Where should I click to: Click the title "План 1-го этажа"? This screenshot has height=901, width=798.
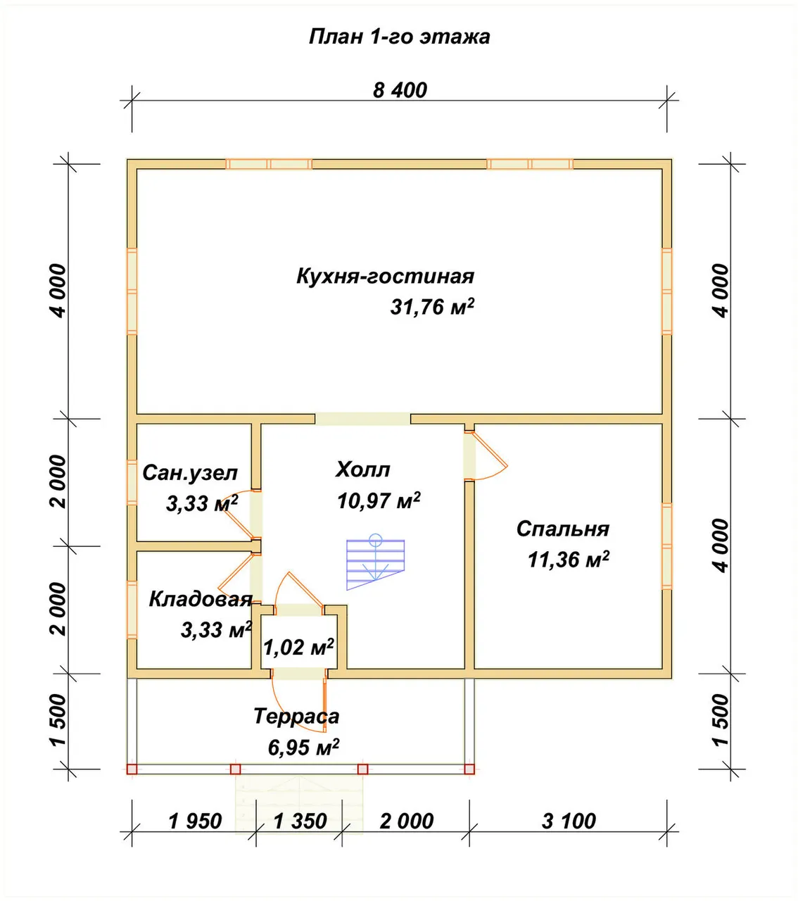399,37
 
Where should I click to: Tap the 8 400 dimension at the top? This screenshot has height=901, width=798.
400,90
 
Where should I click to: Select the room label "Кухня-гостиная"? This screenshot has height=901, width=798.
385,276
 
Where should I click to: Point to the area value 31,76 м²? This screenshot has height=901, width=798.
432,306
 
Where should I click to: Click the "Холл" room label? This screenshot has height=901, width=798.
363,470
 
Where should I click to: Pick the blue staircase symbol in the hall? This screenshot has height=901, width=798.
375,562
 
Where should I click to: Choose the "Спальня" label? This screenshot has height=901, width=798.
562,529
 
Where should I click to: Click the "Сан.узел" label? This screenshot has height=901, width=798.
190,473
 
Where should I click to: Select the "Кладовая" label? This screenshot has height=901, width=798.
201,599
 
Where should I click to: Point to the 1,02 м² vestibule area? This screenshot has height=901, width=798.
298,647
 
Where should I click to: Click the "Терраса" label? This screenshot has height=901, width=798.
296,716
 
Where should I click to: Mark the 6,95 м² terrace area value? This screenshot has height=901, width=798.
303,747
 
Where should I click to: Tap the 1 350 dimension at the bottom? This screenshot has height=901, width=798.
300,821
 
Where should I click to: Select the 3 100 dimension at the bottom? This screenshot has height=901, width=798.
569,821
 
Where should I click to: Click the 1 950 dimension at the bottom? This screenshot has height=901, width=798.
195,821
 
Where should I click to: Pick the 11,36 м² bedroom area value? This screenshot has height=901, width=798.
568,560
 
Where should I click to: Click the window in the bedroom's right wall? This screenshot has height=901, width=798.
666,546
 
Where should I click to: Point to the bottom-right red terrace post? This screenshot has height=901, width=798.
469,769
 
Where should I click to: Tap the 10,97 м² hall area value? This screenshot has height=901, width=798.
379,500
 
